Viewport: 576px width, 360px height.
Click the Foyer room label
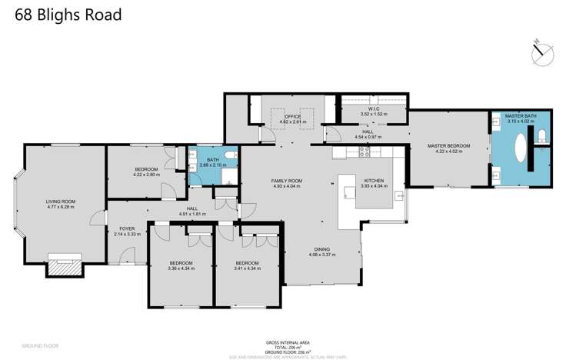[x=127, y=228]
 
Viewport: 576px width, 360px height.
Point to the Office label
[x=292, y=116]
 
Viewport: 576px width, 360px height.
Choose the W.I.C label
[x=374, y=109]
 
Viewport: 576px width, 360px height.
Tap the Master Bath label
[x=520, y=115]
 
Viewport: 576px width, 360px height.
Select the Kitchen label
[x=374, y=181]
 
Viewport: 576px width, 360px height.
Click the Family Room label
[x=286, y=181]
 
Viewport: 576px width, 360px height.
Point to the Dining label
[x=323, y=249]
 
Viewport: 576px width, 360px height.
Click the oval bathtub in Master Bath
[x=521, y=148]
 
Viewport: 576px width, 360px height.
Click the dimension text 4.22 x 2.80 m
[x=146, y=175]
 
